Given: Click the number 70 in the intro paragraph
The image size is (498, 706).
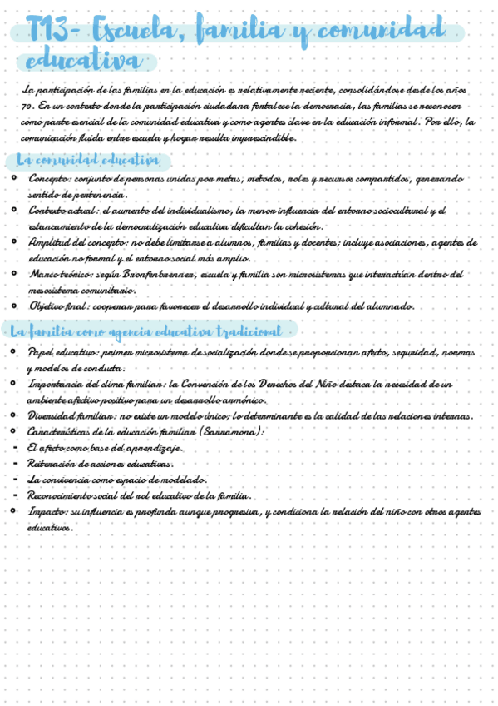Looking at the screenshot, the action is click(28, 106).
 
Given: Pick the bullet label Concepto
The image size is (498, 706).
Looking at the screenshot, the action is click(49, 178).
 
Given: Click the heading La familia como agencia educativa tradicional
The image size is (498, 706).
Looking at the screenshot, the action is click(145, 331).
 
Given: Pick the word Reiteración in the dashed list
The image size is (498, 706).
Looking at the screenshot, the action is click(52, 463).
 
